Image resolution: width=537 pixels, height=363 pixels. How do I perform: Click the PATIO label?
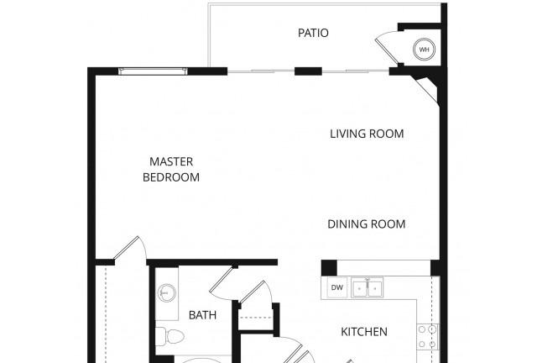(x=313, y=33)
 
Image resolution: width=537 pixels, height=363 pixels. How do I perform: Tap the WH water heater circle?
(x=424, y=50)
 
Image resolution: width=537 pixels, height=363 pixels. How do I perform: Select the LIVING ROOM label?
(x=367, y=134)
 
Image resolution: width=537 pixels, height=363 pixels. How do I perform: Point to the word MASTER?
(x=171, y=161)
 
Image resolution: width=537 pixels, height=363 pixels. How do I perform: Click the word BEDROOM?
(x=171, y=177)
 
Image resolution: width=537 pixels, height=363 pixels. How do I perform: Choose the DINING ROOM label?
(x=367, y=224)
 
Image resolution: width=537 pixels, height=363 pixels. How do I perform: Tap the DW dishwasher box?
(x=337, y=287)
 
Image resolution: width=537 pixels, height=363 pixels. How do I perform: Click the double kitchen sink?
(x=368, y=288)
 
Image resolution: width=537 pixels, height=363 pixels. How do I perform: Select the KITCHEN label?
(x=364, y=332)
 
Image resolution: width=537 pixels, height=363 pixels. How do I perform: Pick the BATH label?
(x=202, y=315)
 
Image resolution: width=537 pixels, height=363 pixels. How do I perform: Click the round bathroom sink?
(x=167, y=293)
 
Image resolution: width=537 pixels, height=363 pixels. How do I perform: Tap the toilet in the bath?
(x=169, y=336)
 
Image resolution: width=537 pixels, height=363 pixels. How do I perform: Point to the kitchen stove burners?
(x=427, y=337)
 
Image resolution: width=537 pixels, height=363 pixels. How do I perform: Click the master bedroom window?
(x=153, y=71)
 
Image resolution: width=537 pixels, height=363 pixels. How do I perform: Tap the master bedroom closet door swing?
(x=131, y=248)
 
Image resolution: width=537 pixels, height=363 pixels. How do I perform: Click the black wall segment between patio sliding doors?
(x=308, y=71)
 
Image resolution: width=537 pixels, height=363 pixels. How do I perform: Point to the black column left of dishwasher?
(x=329, y=268)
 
